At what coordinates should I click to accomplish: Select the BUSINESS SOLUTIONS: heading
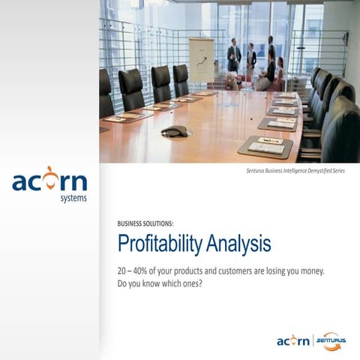[x=145, y=223]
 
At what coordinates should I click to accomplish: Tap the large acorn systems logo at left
[x=49, y=184]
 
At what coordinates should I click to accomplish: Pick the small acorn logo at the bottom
[x=292, y=341]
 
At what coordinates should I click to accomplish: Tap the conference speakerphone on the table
[x=174, y=132]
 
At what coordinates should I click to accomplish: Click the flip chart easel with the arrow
[x=201, y=60]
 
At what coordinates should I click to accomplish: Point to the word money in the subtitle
[x=308, y=271]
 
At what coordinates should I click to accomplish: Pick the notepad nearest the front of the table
[x=265, y=145]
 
